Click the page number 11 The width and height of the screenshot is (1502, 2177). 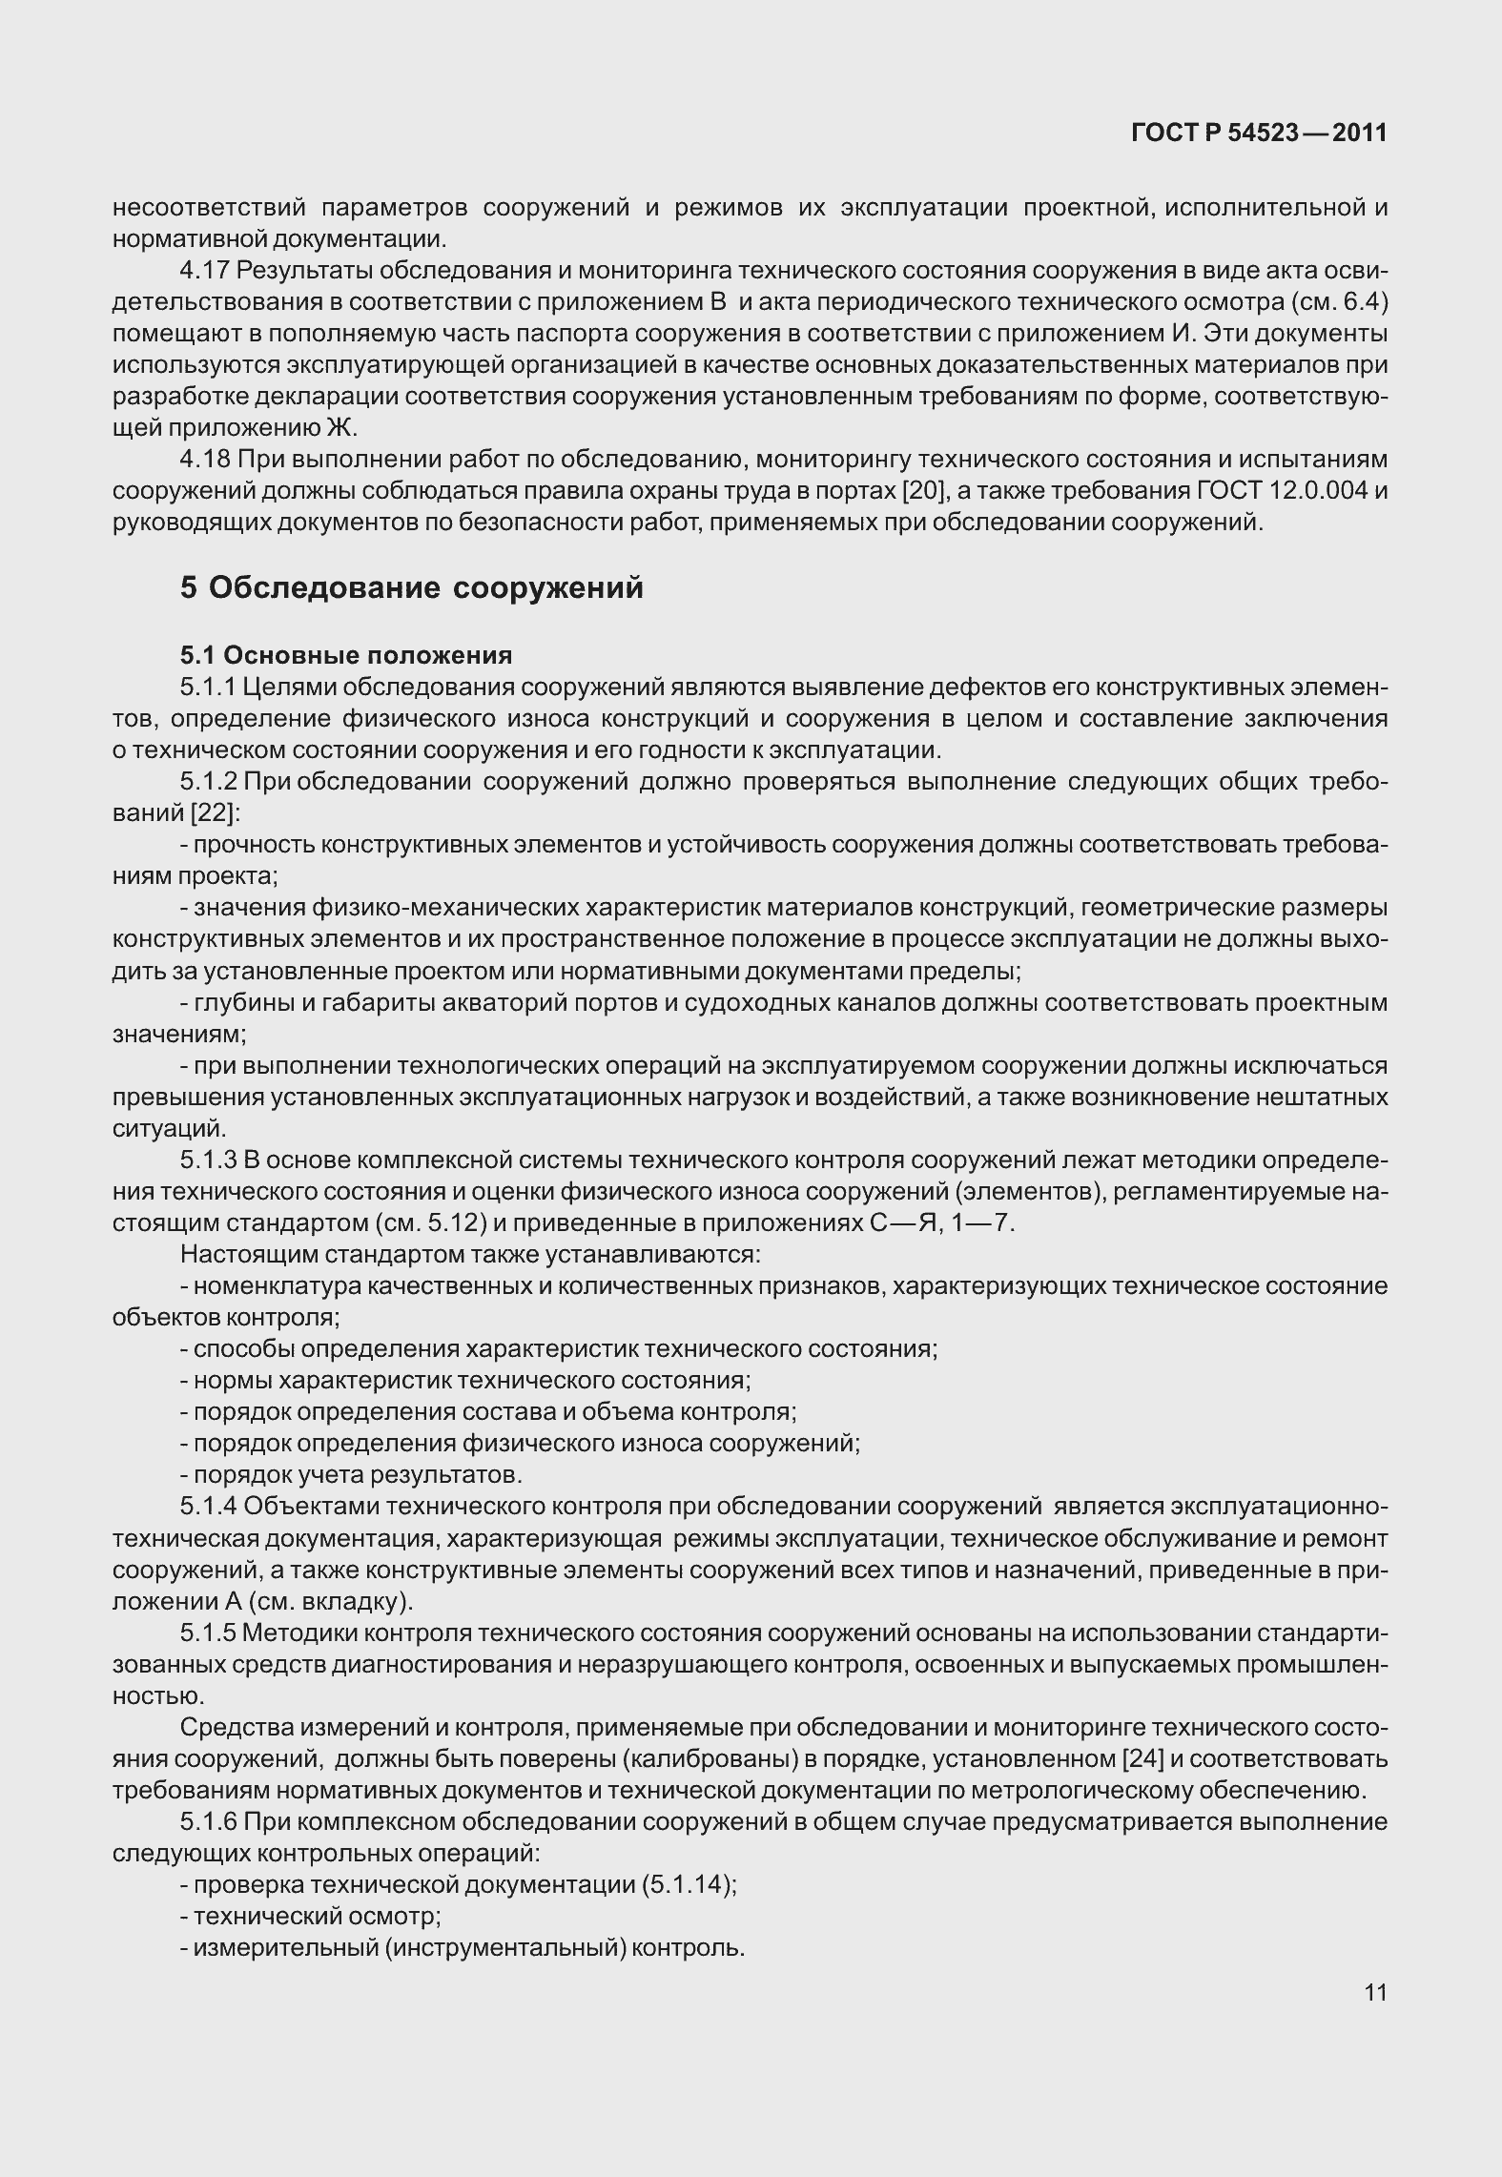(1375, 1993)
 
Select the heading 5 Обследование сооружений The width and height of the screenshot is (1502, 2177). (412, 588)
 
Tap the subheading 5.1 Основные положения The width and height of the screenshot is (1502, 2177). (346, 655)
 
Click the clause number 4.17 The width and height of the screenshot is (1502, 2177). (205, 270)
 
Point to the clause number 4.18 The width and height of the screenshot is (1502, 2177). (205, 460)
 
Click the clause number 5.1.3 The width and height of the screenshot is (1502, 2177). (208, 1160)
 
